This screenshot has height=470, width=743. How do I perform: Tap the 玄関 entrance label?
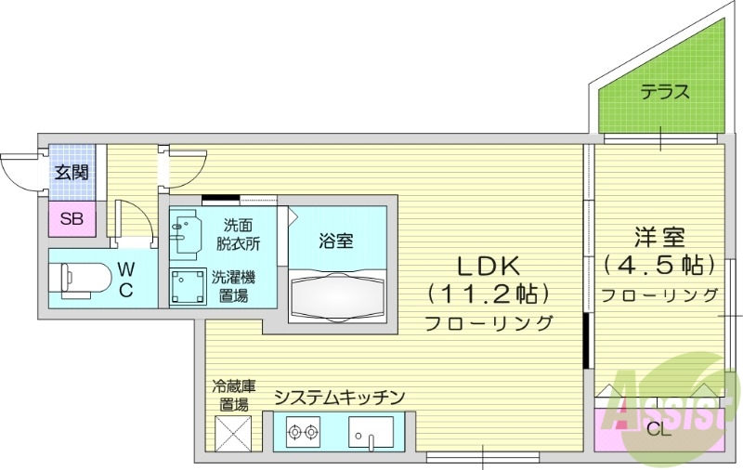[x=71, y=172]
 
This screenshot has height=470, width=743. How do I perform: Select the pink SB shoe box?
[x=71, y=219]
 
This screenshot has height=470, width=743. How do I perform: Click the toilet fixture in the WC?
[x=79, y=278]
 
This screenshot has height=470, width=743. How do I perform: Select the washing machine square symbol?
[x=188, y=286]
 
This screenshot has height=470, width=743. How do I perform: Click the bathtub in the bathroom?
[x=336, y=296]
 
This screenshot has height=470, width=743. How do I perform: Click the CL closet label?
[x=658, y=429]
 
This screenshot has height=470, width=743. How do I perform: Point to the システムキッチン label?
[x=340, y=398]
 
